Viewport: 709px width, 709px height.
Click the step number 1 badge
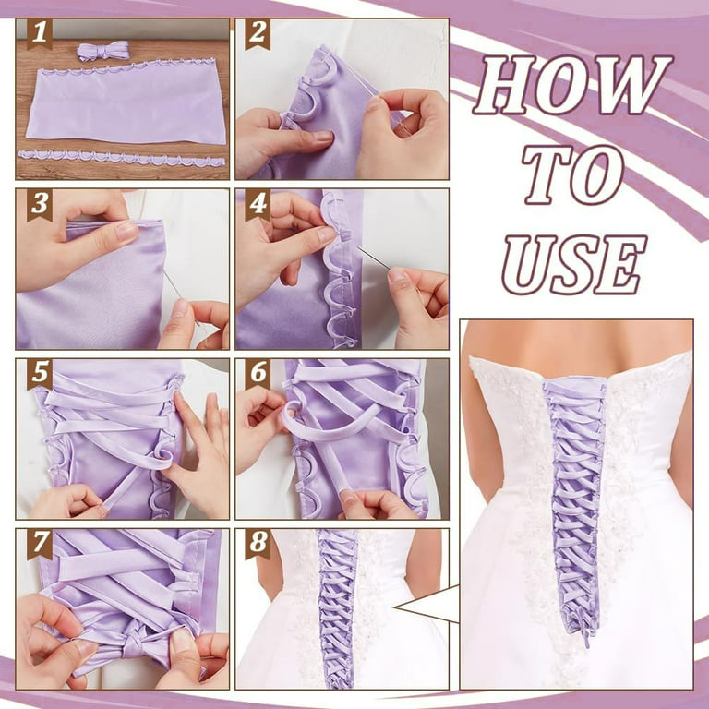point(39,34)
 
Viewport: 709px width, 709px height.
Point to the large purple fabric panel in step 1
point(125,103)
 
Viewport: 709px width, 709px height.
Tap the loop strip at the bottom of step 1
point(120,158)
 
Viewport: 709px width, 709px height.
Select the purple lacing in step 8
point(337,609)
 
